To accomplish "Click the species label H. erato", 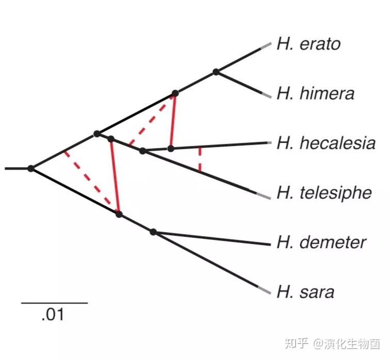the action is point(308,44).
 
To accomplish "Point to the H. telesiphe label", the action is point(324,193).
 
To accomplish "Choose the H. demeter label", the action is point(321,242).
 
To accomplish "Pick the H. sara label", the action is point(305,292).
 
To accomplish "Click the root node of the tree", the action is point(31,168).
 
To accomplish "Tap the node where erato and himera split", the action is point(217,72).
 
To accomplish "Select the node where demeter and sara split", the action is point(153,232).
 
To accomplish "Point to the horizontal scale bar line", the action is point(54,303).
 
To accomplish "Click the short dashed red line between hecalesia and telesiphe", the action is point(200,160).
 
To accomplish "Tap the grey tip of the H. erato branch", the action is point(265,45).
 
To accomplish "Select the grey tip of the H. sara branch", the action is point(264,290).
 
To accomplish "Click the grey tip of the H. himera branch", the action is point(265,95).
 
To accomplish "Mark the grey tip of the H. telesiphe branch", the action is point(264,195).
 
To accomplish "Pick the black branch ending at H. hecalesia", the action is point(222,145).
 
